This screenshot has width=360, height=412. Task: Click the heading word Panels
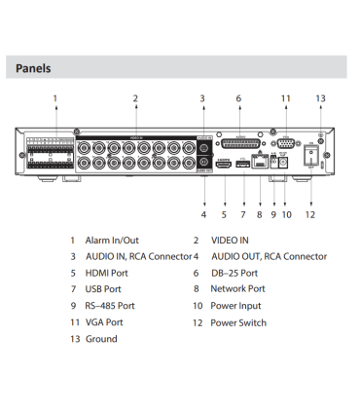pos(33,68)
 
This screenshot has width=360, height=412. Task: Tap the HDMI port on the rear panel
pos(224,165)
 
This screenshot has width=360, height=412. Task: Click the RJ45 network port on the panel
pos(260,162)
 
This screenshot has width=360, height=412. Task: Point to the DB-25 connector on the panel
pos(241,144)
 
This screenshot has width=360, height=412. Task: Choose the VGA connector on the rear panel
pos(286,143)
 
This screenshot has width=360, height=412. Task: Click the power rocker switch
pos(311,155)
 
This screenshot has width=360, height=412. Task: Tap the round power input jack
pos(284,163)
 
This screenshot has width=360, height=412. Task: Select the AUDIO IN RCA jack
pos(204,148)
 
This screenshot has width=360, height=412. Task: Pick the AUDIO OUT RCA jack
pos(204,162)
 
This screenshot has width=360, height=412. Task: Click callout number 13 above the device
pos(320,98)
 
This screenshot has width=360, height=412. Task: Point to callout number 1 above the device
pos(55,98)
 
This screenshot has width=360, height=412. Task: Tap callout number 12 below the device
pos(310,214)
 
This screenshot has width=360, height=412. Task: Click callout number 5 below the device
pos(224,214)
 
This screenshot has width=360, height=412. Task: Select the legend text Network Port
pos(237,288)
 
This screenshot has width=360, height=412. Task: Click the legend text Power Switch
pos(238,322)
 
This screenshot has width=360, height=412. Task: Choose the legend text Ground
pos(101,339)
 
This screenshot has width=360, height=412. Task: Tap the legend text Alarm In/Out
pos(112,241)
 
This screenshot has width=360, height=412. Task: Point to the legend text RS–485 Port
pos(110,306)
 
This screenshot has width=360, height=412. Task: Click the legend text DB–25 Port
pos(234,273)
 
